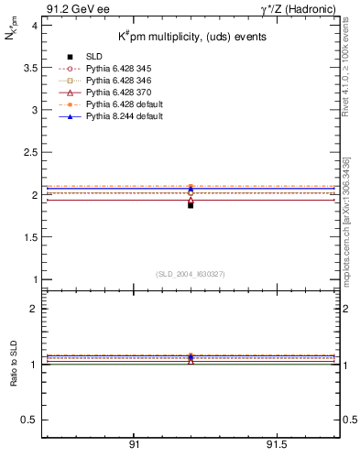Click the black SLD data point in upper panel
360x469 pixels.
tap(191, 205)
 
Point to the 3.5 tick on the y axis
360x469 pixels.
tap(28, 68)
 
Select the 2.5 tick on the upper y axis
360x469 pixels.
tap(28, 152)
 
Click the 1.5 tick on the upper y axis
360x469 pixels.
tap(28, 237)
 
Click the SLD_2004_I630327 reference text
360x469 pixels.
tap(191, 274)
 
